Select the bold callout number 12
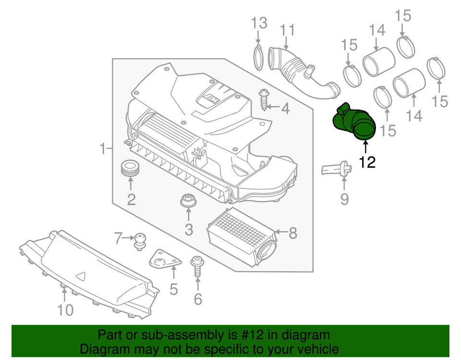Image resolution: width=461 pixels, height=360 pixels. pos(367,162)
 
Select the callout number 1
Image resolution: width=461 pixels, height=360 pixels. pos(102,149)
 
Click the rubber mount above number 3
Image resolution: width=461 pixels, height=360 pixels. pos(188,201)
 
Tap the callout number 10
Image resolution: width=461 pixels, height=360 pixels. pos(66,310)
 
